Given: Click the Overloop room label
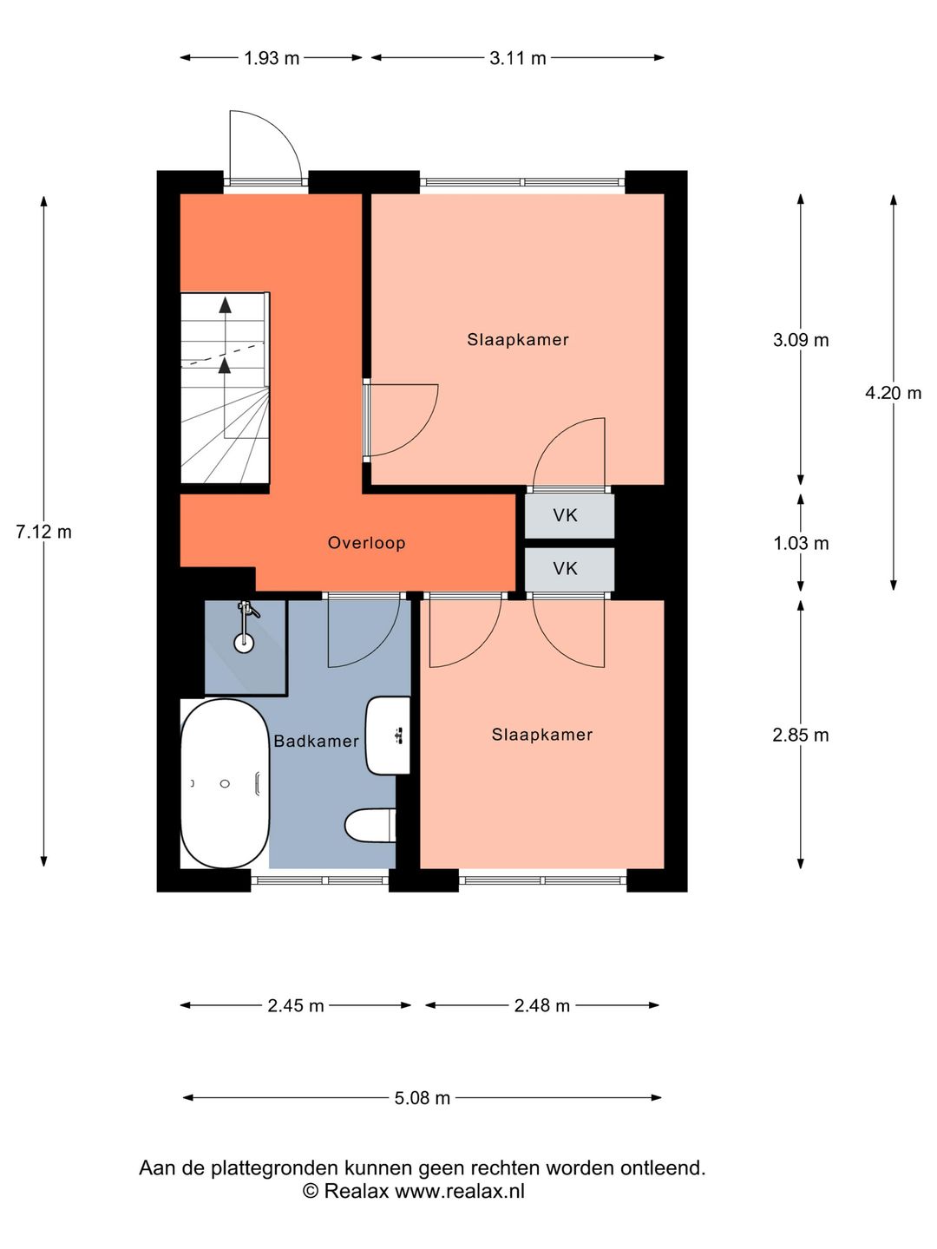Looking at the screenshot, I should click(366, 543).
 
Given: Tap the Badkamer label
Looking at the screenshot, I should click(316, 741).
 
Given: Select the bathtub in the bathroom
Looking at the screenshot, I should click(225, 783).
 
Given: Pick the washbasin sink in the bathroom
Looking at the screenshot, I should click(388, 736).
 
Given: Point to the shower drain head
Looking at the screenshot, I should click(245, 643).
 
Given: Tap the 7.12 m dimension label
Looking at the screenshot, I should click(43, 532).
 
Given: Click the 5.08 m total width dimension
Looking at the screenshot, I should click(423, 1098).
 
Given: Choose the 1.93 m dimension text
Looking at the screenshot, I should click(272, 58).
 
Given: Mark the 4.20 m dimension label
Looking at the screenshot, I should click(893, 393).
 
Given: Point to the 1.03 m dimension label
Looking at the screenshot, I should click(801, 543).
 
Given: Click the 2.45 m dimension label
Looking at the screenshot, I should click(296, 1005).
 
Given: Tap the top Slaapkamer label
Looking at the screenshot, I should click(518, 340).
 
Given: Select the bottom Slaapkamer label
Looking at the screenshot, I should click(542, 735).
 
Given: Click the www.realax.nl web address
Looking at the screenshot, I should click(460, 1191).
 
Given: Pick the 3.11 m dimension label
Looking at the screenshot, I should click(518, 58).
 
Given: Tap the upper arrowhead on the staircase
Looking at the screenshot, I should click(226, 304).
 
